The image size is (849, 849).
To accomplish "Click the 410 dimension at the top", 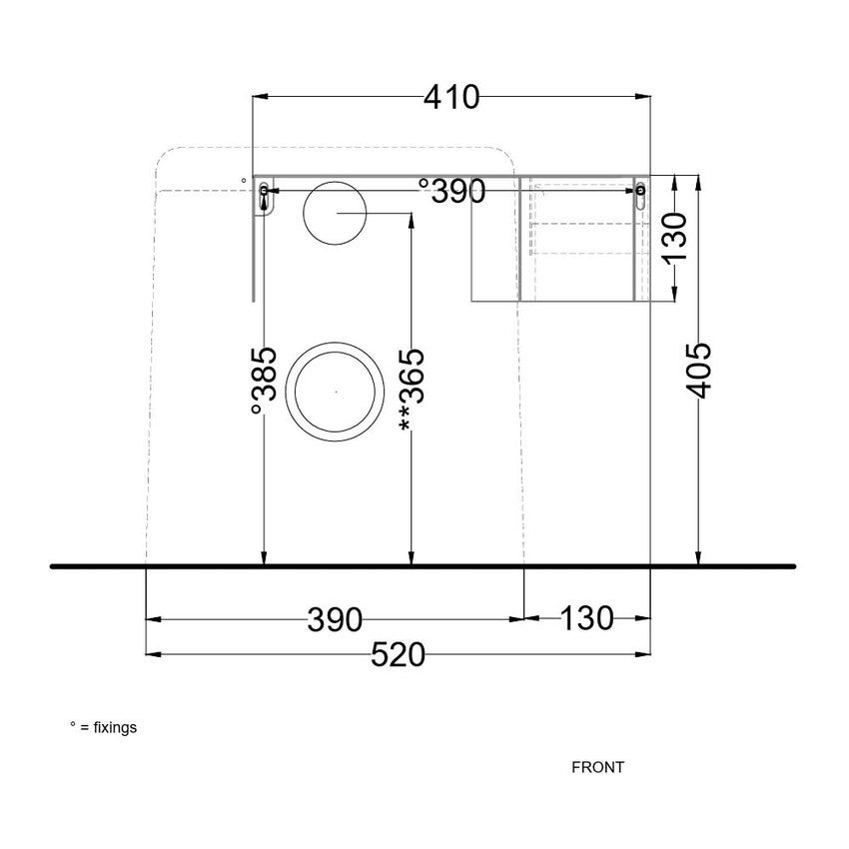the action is pos(451,98).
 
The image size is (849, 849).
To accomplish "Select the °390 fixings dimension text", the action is pos(452,191).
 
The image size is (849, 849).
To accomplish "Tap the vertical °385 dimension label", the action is pos(265,381).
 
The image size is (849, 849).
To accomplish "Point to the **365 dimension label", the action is pos(413,390).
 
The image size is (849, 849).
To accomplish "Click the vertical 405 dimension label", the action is pos(698,370).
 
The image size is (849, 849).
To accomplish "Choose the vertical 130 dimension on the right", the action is pos(674,237).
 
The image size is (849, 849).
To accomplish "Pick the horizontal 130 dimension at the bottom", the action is pos(587,618).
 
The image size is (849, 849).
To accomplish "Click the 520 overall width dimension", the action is pos(398,654).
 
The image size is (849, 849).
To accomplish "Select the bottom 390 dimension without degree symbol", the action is pos(335,619).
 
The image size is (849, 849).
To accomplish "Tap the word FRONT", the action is pos(597,767).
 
